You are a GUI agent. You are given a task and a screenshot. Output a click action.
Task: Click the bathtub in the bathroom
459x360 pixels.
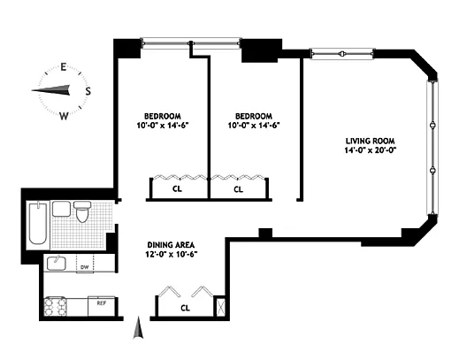[38, 224]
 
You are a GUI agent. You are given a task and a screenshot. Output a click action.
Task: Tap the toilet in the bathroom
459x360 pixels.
[82, 211]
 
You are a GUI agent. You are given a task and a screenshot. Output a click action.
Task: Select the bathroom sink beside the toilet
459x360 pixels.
[61, 209]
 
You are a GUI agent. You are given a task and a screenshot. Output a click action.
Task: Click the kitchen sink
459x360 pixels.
[56, 263]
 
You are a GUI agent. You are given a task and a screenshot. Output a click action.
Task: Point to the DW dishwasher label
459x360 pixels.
[85, 267]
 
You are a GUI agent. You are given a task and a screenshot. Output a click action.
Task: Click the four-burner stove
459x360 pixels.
[56, 307]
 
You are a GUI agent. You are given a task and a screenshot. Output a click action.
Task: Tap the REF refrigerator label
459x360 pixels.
[102, 303]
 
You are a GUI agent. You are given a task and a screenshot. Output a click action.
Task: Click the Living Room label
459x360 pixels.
[370, 141]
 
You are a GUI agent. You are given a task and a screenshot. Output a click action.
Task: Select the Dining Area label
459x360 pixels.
[171, 245]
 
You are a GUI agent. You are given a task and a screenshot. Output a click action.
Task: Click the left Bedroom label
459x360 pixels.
[163, 116]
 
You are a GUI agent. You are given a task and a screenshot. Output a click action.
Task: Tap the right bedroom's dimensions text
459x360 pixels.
[254, 126]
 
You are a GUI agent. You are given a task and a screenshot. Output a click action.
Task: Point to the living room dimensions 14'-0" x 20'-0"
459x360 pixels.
[370, 150]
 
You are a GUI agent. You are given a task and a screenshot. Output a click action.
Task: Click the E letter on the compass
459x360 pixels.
[63, 67]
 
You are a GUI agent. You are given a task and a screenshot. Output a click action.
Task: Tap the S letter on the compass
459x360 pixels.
[88, 91]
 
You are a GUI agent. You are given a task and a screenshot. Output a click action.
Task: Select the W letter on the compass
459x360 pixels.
[64, 116]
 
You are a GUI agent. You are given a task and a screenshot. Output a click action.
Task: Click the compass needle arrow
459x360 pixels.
[50, 90]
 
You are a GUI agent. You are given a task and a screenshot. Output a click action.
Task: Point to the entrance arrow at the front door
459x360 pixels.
[138, 327]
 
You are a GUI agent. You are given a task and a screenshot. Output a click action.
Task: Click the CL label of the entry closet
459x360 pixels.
[185, 308]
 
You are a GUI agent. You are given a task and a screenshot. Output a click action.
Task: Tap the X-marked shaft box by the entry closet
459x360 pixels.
[220, 307]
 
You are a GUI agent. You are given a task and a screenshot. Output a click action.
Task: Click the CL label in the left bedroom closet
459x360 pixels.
[177, 188]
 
